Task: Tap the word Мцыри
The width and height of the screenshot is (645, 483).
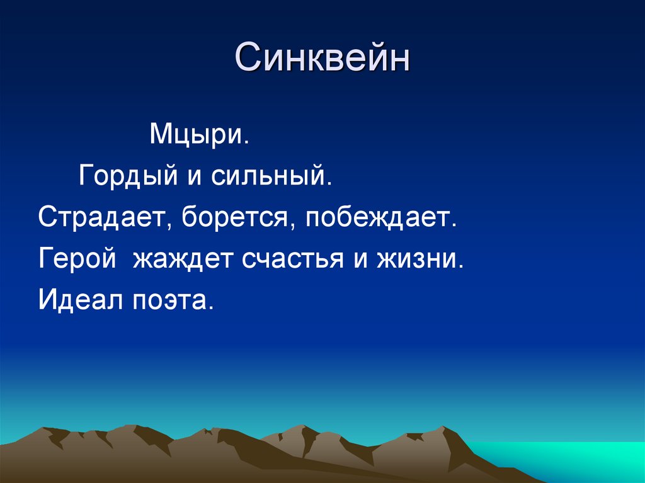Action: [197, 135]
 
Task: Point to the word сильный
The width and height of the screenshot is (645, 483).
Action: [269, 176]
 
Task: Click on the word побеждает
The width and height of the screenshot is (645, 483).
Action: [379, 217]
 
